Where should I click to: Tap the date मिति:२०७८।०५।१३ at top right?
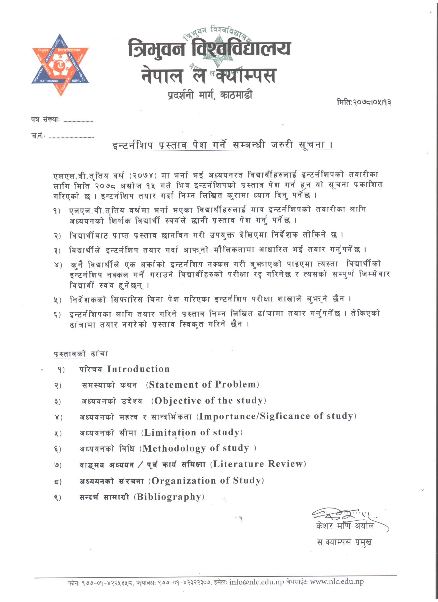pos(364,102)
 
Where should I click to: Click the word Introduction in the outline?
pos(138,369)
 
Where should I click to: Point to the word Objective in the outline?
pos(178,401)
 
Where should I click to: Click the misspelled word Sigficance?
pos(285,416)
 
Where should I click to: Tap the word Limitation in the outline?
pos(170,432)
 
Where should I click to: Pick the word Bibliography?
pos(169,497)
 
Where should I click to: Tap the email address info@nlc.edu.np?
pos(257,582)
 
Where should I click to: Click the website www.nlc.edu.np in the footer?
pos(337,582)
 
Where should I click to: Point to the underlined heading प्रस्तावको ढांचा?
pos(81,354)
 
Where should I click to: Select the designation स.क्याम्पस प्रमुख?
pos(344,542)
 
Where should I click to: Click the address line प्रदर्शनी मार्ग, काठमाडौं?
pos(210,95)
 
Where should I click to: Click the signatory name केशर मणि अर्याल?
pos(345,526)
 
